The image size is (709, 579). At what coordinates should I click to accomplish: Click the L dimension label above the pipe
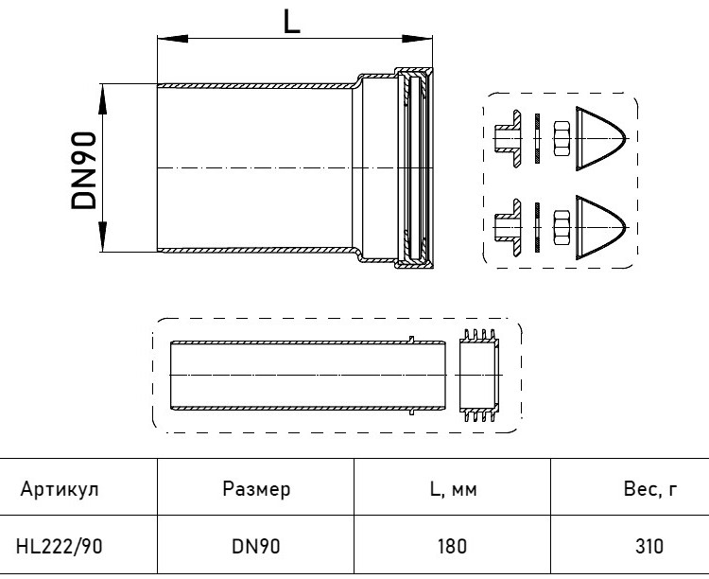[x=292, y=22]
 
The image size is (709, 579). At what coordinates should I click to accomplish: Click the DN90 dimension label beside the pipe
[x=84, y=170]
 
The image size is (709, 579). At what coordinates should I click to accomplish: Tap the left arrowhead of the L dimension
[x=173, y=39]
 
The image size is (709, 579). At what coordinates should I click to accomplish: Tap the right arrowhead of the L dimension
[x=417, y=39]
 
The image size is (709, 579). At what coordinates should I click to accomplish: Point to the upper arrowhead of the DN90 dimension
[x=103, y=98]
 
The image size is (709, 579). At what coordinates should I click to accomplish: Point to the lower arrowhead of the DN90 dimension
[x=103, y=237]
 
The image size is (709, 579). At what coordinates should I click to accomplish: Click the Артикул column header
[x=60, y=489]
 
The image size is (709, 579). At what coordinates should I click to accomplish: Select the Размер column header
[x=256, y=489]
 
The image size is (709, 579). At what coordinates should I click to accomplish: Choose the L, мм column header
[x=453, y=489]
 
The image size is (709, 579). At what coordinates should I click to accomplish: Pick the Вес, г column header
[x=650, y=489]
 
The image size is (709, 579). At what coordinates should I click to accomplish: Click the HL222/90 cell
[x=60, y=547]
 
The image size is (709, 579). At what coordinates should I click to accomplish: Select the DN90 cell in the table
[x=256, y=547]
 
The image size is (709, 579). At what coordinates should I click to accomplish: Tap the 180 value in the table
[x=452, y=547]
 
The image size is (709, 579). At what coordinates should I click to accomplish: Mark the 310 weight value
[x=649, y=547]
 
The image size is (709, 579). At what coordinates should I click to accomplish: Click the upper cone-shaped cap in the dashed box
[x=600, y=138]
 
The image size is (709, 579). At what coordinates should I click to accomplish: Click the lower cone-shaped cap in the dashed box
[x=600, y=227]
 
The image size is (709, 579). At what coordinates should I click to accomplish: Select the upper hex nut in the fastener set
[x=562, y=138]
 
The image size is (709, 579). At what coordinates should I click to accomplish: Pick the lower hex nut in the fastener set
[x=562, y=227]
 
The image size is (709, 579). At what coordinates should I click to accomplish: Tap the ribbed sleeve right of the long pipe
[x=479, y=376]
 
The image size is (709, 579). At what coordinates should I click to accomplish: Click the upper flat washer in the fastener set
[x=537, y=138]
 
